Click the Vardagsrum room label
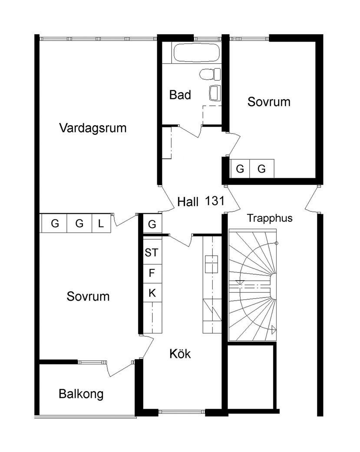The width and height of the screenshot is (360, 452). [x=93, y=128]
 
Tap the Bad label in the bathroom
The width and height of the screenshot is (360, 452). [x=180, y=95]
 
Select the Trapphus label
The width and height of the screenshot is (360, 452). [x=270, y=218]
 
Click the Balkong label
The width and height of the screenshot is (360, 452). [x=81, y=394]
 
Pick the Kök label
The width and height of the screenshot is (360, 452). [x=180, y=354]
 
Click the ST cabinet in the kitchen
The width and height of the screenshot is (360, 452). [x=152, y=252]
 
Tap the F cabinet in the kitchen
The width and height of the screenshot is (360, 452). [x=152, y=273]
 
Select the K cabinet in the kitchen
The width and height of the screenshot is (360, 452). [x=152, y=293]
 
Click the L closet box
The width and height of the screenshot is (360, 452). [x=101, y=224]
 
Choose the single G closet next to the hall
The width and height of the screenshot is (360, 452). [x=152, y=224]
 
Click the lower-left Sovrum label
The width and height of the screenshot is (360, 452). [x=88, y=297]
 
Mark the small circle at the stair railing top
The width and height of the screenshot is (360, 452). [x=277, y=243]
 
